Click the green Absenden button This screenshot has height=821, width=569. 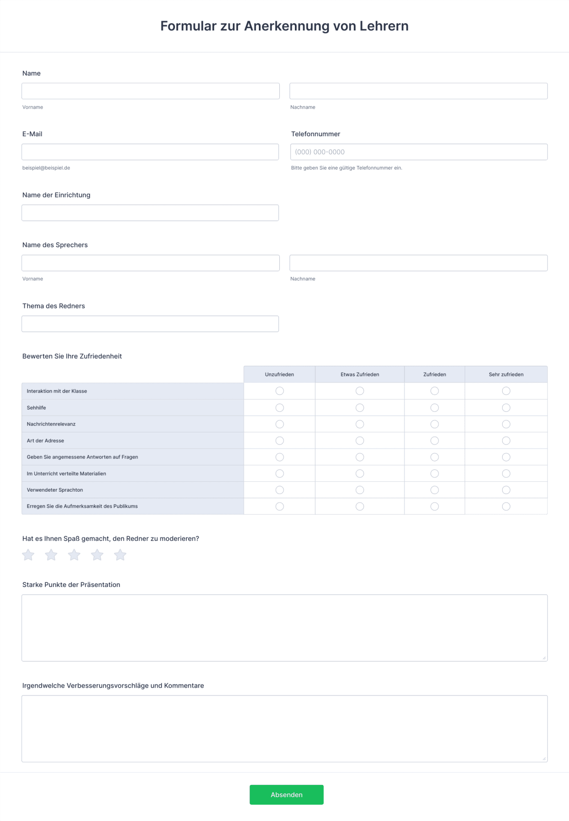pos(286,794)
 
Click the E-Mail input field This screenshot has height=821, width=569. pos(150,152)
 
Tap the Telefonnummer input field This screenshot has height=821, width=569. pos(419,152)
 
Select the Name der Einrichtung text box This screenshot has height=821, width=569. pos(150,213)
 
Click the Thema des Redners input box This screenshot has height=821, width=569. pos(150,324)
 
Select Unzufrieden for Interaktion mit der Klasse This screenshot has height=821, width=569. pos(280,391)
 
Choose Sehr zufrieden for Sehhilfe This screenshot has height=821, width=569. pos(506,408)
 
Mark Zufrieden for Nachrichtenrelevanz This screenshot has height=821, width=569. pos(434,424)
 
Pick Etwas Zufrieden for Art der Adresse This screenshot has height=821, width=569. pos(360,440)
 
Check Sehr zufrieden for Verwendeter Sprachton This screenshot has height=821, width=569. pos(506,490)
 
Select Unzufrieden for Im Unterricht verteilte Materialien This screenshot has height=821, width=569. pos(280,474)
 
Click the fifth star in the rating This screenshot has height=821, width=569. pos(120,555)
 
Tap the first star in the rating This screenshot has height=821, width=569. pos(28,555)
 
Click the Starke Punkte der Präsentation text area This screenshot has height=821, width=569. pos(284,627)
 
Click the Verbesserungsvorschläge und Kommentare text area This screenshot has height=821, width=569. pos(284,728)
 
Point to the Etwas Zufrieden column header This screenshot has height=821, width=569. pos(360,374)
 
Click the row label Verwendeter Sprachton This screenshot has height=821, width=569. pos(55,490)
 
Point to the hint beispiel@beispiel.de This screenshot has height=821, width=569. pos(46,168)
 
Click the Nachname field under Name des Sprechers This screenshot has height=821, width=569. pos(419,263)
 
